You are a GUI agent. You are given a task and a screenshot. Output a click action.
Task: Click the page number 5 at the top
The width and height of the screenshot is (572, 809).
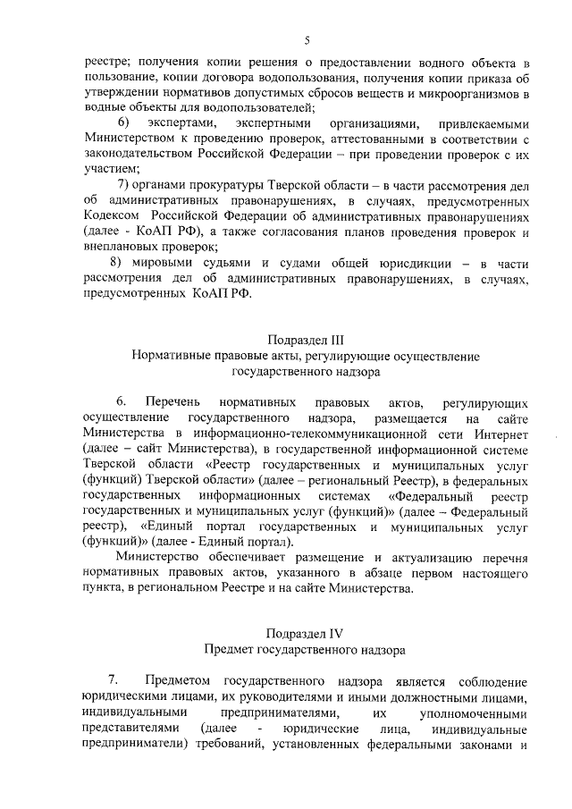click(x=307, y=40)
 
